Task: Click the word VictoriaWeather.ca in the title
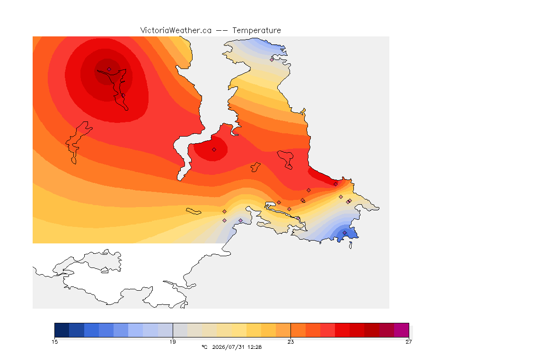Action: pyautogui.click(x=176, y=31)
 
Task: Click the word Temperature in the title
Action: pyautogui.click(x=256, y=31)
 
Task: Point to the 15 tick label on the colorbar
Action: pyautogui.click(x=54, y=342)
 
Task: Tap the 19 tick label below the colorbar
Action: pyautogui.click(x=173, y=342)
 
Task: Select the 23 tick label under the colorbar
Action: pyautogui.click(x=290, y=342)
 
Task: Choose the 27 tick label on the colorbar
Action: pyautogui.click(x=409, y=342)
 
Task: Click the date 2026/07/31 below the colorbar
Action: pyautogui.click(x=228, y=347)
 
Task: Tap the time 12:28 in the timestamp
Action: pyautogui.click(x=255, y=347)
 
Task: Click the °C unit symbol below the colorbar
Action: pyautogui.click(x=204, y=347)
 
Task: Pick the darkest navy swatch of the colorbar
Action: pyautogui.click(x=62, y=330)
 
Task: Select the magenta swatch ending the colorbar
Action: pyautogui.click(x=402, y=330)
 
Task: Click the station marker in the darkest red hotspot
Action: pyautogui.click(x=109, y=69)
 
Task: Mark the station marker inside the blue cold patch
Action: pyautogui.click(x=344, y=233)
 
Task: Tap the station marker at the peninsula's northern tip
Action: pyautogui.click(x=272, y=60)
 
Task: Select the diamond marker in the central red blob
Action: pyautogui.click(x=214, y=150)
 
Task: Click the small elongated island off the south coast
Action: pyautogui.click(x=193, y=211)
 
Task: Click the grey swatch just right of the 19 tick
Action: pyautogui.click(x=180, y=330)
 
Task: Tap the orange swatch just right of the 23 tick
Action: pyautogui.click(x=298, y=330)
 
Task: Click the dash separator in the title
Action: pyautogui.click(x=222, y=31)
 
